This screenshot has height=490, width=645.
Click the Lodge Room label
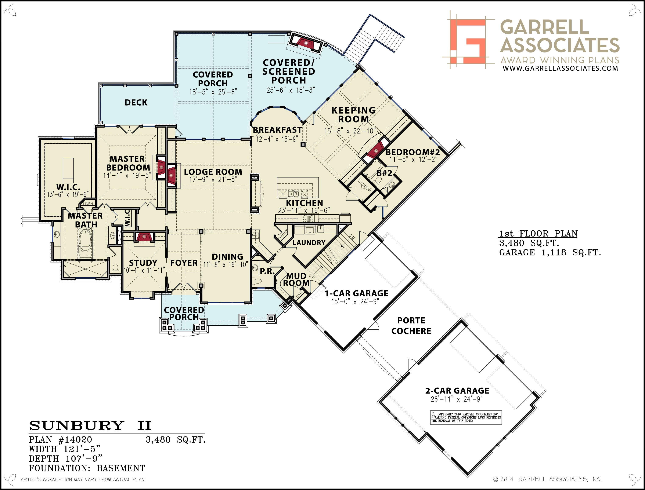[x=213, y=172]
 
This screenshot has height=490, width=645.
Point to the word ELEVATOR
[x=364, y=185]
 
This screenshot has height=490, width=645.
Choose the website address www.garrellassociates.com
[x=560, y=68]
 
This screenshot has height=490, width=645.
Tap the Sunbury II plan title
[x=90, y=426]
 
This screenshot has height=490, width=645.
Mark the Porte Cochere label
[x=411, y=326]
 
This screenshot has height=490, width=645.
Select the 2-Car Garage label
[x=457, y=391]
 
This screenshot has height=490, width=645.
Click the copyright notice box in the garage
[x=466, y=418]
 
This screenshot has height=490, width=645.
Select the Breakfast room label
[x=277, y=130]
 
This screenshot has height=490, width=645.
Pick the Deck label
[x=136, y=103]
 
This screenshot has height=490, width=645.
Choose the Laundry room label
[x=309, y=243]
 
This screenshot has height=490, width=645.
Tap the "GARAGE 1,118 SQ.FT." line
[x=550, y=253]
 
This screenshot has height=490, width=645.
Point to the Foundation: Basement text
[x=87, y=468]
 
